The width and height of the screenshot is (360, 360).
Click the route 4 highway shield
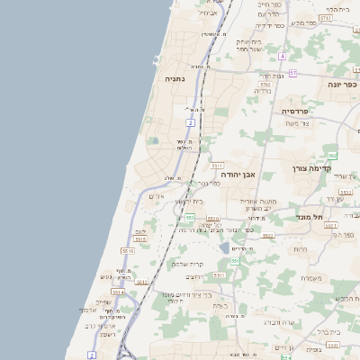click(x=282, y=56)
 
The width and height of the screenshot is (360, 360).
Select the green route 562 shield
click(x=332, y=156)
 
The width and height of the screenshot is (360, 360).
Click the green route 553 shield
click(x=189, y=218)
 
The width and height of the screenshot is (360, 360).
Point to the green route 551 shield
click(x=235, y=261)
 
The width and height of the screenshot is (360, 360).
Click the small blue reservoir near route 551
click(x=224, y=247)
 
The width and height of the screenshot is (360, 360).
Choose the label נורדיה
click(x=262, y=90)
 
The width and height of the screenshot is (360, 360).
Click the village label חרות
click(x=301, y=247)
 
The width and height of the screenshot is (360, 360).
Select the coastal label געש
click(x=106, y=276)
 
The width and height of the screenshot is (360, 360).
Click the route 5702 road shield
click(x=265, y=84)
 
